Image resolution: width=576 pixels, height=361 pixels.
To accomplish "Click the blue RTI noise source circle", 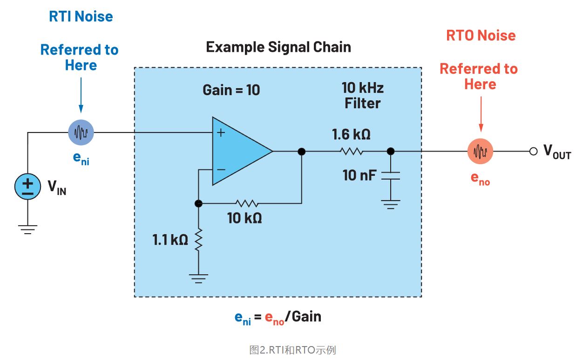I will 81,133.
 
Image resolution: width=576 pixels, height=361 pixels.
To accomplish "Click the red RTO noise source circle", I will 480,152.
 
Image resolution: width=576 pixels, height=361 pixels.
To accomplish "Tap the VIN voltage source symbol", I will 27,187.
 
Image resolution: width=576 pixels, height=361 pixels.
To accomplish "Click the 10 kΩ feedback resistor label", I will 244,217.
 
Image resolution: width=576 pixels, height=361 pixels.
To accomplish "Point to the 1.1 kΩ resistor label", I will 170,240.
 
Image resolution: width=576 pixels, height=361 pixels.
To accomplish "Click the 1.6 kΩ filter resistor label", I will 352,135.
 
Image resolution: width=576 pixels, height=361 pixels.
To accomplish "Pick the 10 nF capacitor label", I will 359,175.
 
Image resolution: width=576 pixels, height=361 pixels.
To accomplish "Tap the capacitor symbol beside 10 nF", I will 391,176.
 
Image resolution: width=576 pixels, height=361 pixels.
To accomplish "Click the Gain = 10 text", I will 231,90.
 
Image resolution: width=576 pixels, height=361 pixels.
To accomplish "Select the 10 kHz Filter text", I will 363,95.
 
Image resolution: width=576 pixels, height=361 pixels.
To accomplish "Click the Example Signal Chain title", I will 278,47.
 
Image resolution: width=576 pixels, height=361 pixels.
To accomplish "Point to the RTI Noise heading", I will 81,17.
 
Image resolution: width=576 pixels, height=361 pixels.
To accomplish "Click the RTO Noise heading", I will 481,35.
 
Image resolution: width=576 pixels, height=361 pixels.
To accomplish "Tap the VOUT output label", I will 557,152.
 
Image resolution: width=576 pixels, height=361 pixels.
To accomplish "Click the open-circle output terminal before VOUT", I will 534,152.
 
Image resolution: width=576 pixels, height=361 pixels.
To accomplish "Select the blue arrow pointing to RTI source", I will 81,95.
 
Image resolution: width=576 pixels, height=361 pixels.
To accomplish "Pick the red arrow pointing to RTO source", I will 481,113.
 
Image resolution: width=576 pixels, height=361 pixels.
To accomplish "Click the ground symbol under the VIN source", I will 27,229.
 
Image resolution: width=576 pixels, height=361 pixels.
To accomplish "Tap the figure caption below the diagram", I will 292,350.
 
